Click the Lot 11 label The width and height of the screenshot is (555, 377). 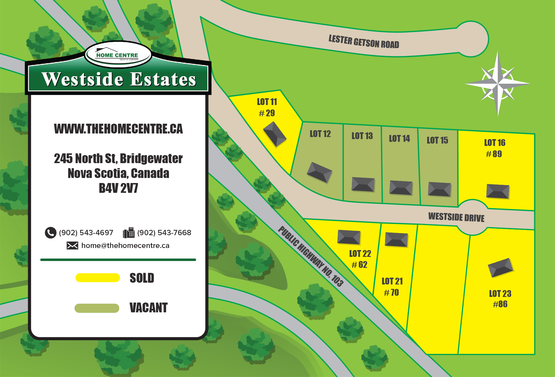(x=267, y=102)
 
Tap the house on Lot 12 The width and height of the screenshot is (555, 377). (x=319, y=172)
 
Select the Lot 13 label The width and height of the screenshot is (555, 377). (x=362, y=136)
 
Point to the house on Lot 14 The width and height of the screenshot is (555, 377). (x=401, y=187)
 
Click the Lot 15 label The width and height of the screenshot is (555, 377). (x=438, y=140)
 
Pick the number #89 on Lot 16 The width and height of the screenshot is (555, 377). (x=494, y=154)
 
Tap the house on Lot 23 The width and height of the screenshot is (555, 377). (x=500, y=268)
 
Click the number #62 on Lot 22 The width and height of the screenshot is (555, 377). (x=360, y=265)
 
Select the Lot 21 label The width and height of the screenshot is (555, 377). (x=392, y=281)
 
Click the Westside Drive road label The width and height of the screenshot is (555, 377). (x=456, y=217)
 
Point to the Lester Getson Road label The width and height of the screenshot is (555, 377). (x=364, y=42)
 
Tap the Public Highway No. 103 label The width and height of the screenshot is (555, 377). (x=311, y=256)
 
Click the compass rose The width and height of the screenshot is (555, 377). (x=498, y=83)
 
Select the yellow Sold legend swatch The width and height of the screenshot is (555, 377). (x=98, y=278)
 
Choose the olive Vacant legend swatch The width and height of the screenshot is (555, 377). (x=97, y=308)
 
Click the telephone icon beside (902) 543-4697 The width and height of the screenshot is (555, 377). (x=50, y=233)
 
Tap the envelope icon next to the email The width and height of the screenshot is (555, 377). (x=72, y=246)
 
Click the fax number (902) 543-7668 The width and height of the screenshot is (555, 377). (x=164, y=233)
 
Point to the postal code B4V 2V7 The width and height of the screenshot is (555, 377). (x=118, y=188)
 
